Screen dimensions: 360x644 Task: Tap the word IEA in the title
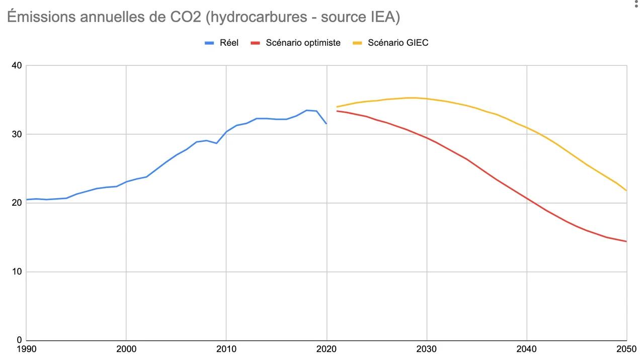pyautogui.click(x=382, y=17)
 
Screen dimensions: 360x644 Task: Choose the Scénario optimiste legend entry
pyautogui.click(x=303, y=43)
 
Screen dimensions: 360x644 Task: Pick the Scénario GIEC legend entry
pyautogui.click(x=398, y=43)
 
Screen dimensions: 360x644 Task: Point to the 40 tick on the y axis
pyautogui.click(x=17, y=65)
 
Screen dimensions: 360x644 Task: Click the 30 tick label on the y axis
pyautogui.click(x=17, y=134)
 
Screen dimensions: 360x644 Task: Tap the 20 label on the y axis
pyautogui.click(x=17, y=203)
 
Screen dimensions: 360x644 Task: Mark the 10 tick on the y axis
pyautogui.click(x=17, y=272)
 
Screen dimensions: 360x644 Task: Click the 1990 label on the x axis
pyautogui.click(x=26, y=349)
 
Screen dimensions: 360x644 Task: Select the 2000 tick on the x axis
pyautogui.click(x=126, y=349)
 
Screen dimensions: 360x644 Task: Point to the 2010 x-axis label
pyautogui.click(x=226, y=349)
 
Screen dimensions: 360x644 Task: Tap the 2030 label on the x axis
pyautogui.click(x=427, y=349)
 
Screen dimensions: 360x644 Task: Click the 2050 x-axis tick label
pyautogui.click(x=626, y=349)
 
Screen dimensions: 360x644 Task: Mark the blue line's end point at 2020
pyautogui.click(x=327, y=123)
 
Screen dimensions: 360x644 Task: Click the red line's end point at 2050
pyautogui.click(x=626, y=241)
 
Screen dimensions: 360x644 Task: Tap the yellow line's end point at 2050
pyautogui.click(x=626, y=191)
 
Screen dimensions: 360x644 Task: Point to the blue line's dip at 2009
pyautogui.click(x=216, y=143)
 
